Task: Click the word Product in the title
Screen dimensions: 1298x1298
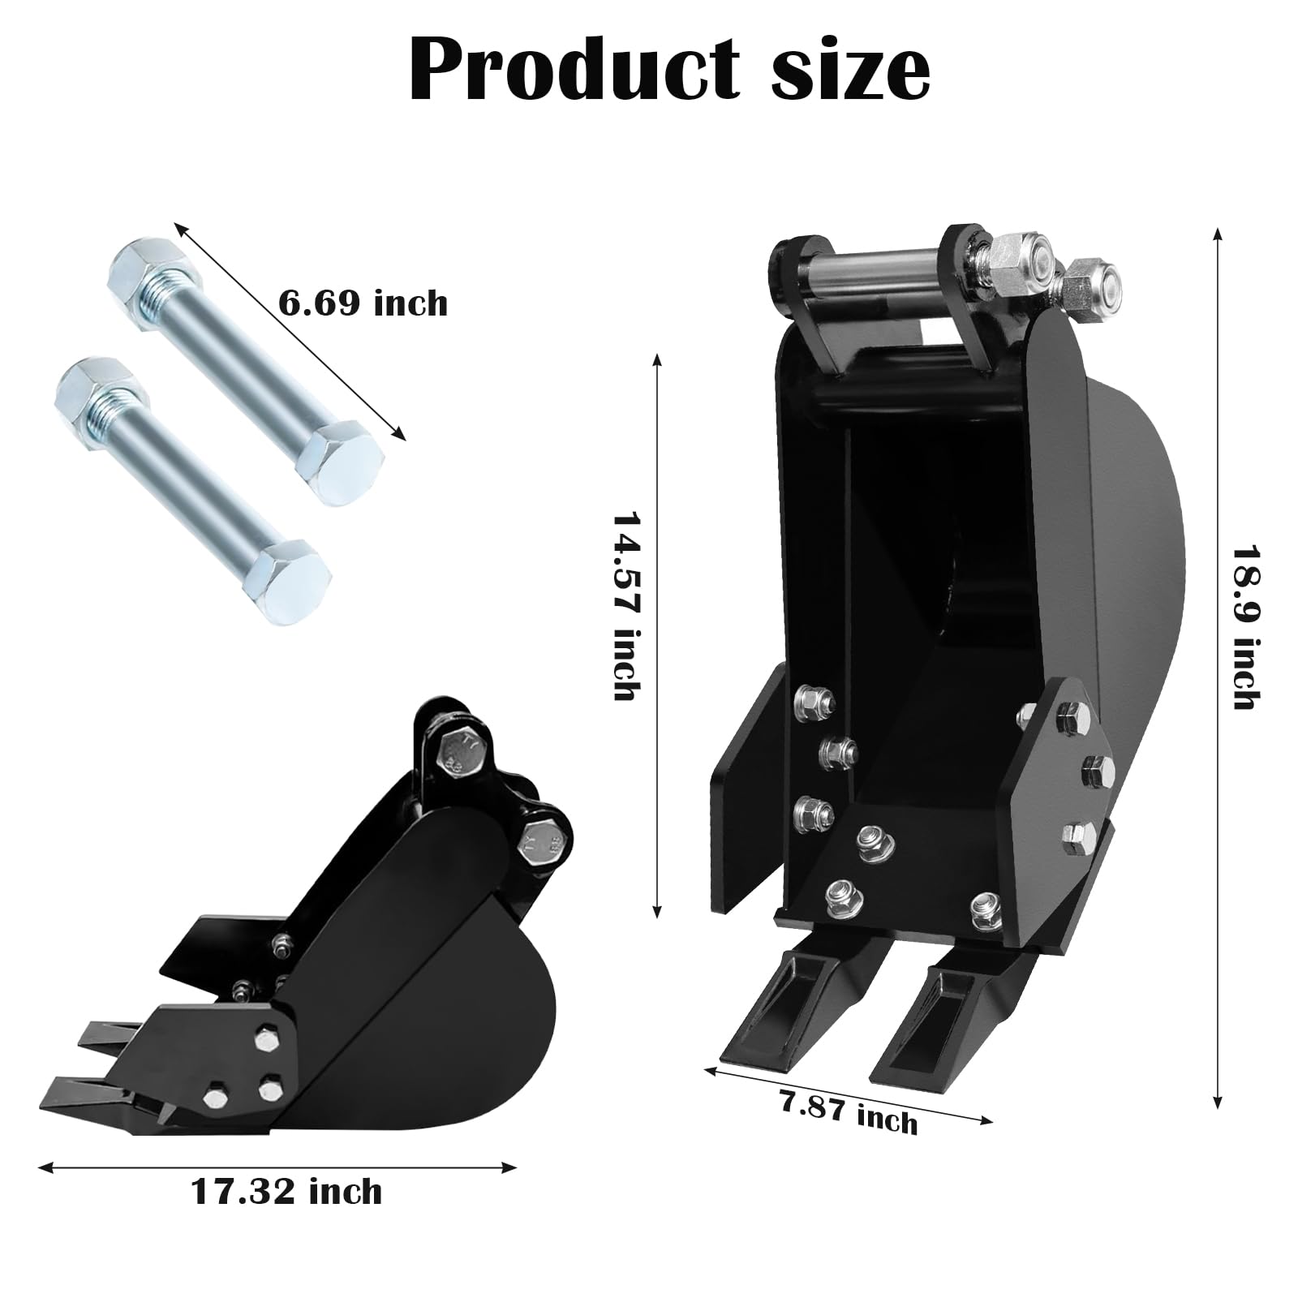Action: point(574,71)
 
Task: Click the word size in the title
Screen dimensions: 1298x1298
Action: point(850,71)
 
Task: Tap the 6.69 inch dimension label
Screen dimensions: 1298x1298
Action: point(363,303)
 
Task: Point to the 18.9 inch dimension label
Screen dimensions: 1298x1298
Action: point(1245,625)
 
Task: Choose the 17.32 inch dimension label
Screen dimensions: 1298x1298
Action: point(286,1192)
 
